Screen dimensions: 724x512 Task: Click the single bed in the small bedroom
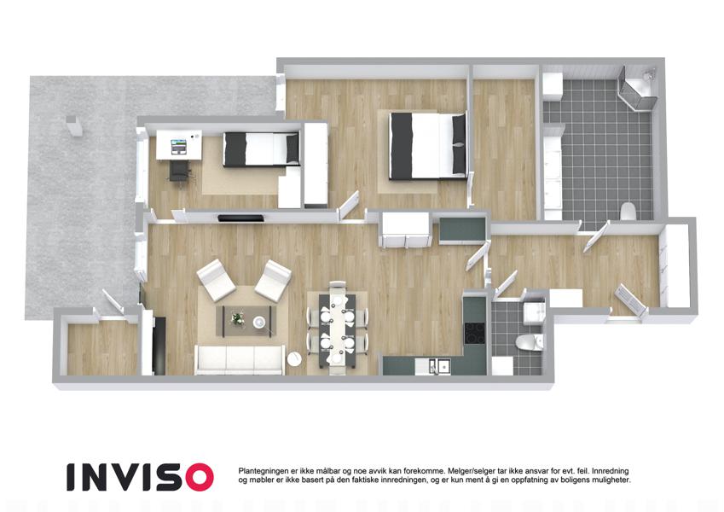pyautogui.click(x=261, y=148)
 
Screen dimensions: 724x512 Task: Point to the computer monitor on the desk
pyautogui.click(x=178, y=147)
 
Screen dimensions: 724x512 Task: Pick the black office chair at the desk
pyautogui.click(x=180, y=171)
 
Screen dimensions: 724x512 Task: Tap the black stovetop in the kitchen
pyautogui.click(x=475, y=332)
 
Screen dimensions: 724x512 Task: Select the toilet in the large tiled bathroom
pyautogui.click(x=628, y=211)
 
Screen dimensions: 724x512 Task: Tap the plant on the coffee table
pyautogui.click(x=238, y=318)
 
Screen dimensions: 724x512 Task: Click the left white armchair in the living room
pyautogui.click(x=216, y=280)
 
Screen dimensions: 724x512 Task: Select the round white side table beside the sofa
pyautogui.click(x=294, y=359)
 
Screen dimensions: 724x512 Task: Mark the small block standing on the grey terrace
pyautogui.click(x=74, y=125)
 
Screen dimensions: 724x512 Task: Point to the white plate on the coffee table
pyautogui.click(x=258, y=322)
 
